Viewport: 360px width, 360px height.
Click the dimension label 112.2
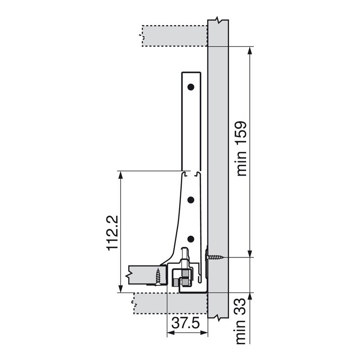(x=112, y=233)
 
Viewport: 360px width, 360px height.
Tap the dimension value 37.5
(x=186, y=324)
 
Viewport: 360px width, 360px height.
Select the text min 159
(x=242, y=149)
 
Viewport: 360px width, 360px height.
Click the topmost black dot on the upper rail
(x=191, y=87)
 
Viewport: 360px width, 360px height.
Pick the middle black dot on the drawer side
(x=191, y=200)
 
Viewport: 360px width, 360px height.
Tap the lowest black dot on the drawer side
(x=191, y=239)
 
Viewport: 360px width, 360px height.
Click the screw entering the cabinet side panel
(x=214, y=257)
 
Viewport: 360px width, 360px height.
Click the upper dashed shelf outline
(x=175, y=36)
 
